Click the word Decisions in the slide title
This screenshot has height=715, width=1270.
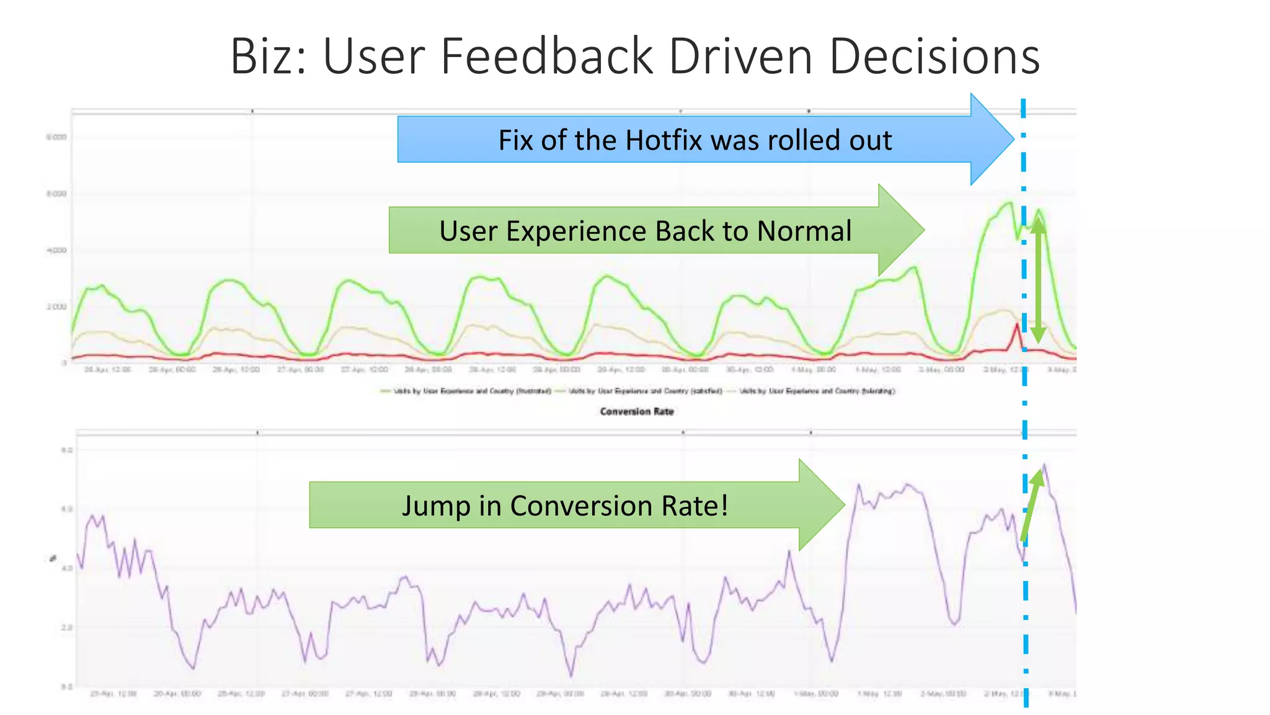tap(934, 57)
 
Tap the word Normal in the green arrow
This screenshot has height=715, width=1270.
tap(804, 231)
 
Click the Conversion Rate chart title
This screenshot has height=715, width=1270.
tap(637, 411)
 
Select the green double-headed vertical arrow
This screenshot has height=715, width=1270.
tap(1037, 279)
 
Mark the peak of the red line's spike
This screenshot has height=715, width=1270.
tap(1017, 325)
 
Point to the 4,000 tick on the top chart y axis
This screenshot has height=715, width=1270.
tap(56, 250)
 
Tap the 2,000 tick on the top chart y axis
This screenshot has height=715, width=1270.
tap(56, 307)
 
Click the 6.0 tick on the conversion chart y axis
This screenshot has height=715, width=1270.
tap(67, 509)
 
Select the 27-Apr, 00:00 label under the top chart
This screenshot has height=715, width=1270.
tap(300, 370)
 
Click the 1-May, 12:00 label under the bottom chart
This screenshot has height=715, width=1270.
tap(879, 693)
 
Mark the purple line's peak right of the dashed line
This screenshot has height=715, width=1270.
tap(1044, 465)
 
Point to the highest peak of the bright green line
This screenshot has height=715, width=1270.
tap(1010, 202)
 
